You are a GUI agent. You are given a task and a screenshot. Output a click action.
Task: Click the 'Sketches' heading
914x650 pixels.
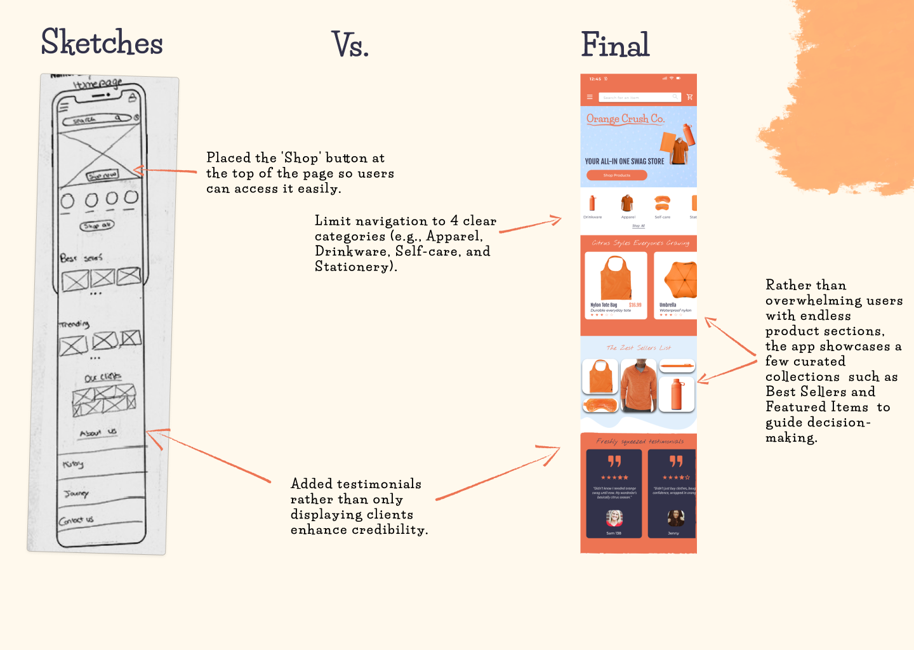point(102,43)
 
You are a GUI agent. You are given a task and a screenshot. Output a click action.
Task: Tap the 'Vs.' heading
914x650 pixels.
point(350,44)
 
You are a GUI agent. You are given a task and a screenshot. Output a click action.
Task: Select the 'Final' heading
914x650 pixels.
point(615,44)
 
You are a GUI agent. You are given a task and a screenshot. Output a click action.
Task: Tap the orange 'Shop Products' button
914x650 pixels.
point(616,175)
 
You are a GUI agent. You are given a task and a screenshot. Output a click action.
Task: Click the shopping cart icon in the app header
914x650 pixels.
point(689,97)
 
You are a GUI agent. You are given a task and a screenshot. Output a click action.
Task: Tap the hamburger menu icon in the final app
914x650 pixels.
point(590,97)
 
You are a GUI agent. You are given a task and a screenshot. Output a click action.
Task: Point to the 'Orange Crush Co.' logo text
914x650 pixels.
point(625,119)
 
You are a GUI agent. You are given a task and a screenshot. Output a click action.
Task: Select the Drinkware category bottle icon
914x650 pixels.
point(592,203)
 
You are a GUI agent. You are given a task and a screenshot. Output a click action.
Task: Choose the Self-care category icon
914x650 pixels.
point(662,202)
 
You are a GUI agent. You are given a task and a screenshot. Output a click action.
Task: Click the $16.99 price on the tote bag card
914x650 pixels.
point(635,305)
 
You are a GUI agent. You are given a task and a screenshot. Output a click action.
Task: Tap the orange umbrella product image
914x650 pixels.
point(680,279)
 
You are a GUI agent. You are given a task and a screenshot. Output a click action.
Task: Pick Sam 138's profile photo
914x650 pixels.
point(614,519)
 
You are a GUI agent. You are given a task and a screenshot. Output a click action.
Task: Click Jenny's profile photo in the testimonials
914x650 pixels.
point(675,518)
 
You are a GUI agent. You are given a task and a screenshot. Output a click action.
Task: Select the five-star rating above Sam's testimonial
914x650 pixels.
point(614,477)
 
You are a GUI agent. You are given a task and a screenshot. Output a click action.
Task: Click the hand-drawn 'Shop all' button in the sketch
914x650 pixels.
point(96,225)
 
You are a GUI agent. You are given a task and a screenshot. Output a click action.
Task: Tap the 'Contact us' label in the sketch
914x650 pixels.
point(76,521)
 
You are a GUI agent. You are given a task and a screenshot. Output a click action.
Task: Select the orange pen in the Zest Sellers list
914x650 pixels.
point(677,366)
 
